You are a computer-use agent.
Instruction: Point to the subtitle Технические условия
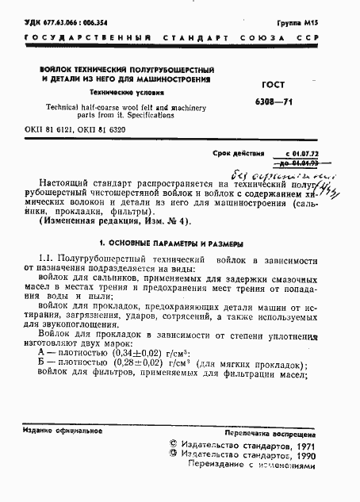125,92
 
